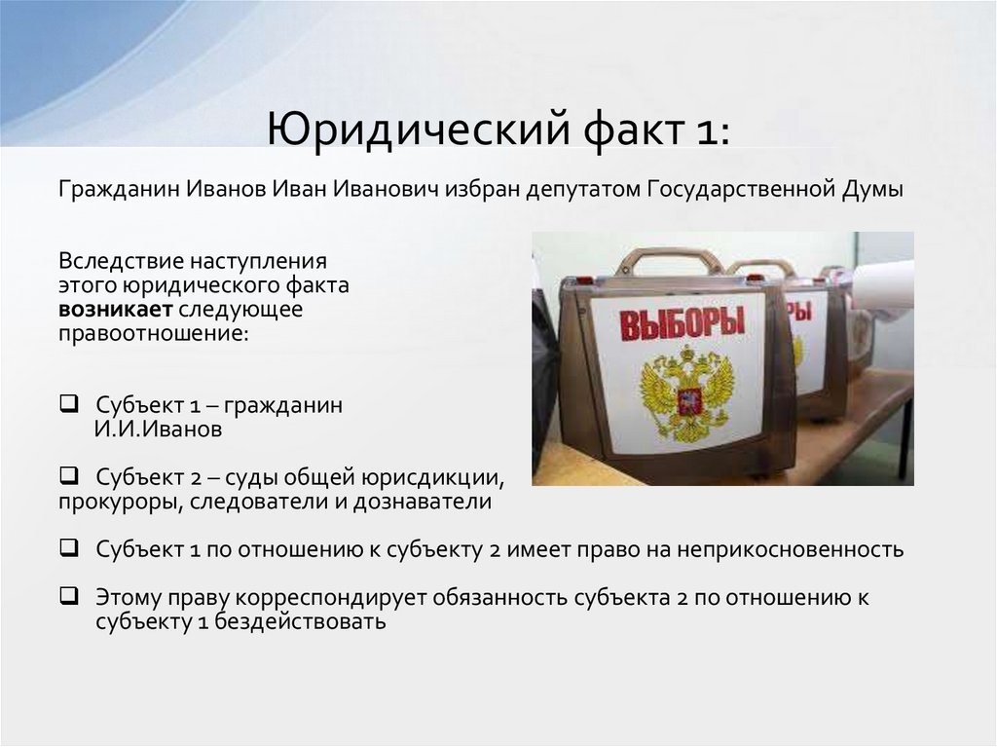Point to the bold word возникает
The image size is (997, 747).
(x=115, y=311)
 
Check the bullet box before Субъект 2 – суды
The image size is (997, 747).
(x=68, y=477)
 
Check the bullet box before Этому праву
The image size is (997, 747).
(x=68, y=597)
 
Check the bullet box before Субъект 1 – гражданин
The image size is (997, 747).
(x=68, y=403)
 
